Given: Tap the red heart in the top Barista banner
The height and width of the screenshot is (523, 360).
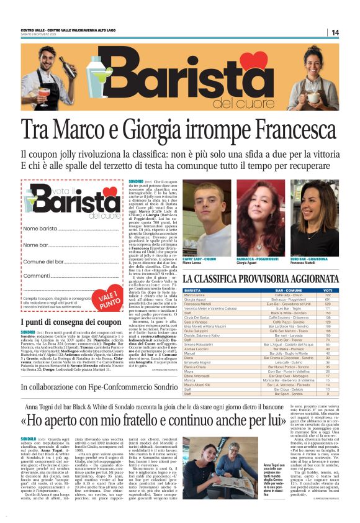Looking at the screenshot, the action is [253, 61].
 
